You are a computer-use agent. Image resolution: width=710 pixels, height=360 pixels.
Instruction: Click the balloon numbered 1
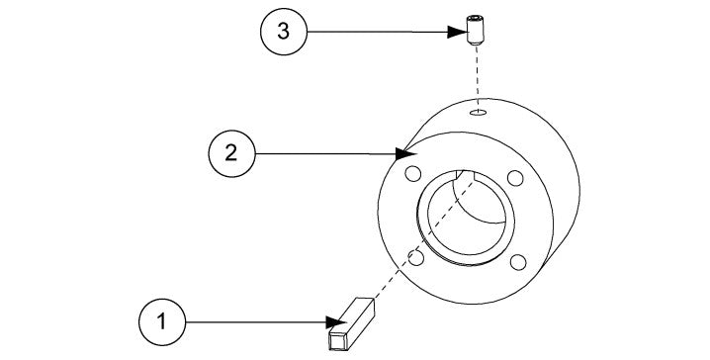click(x=160, y=321)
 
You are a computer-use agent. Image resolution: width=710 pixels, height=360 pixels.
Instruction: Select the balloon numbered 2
click(x=230, y=153)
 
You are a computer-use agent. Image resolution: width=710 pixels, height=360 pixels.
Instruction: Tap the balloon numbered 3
click(x=283, y=32)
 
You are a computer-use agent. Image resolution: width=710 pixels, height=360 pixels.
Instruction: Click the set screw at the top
click(x=477, y=28)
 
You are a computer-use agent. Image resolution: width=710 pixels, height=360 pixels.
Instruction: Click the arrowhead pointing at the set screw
click(x=461, y=32)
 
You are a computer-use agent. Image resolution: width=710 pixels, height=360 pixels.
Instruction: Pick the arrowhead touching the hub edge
click(x=404, y=154)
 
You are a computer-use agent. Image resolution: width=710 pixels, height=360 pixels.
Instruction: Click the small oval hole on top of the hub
click(x=479, y=114)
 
